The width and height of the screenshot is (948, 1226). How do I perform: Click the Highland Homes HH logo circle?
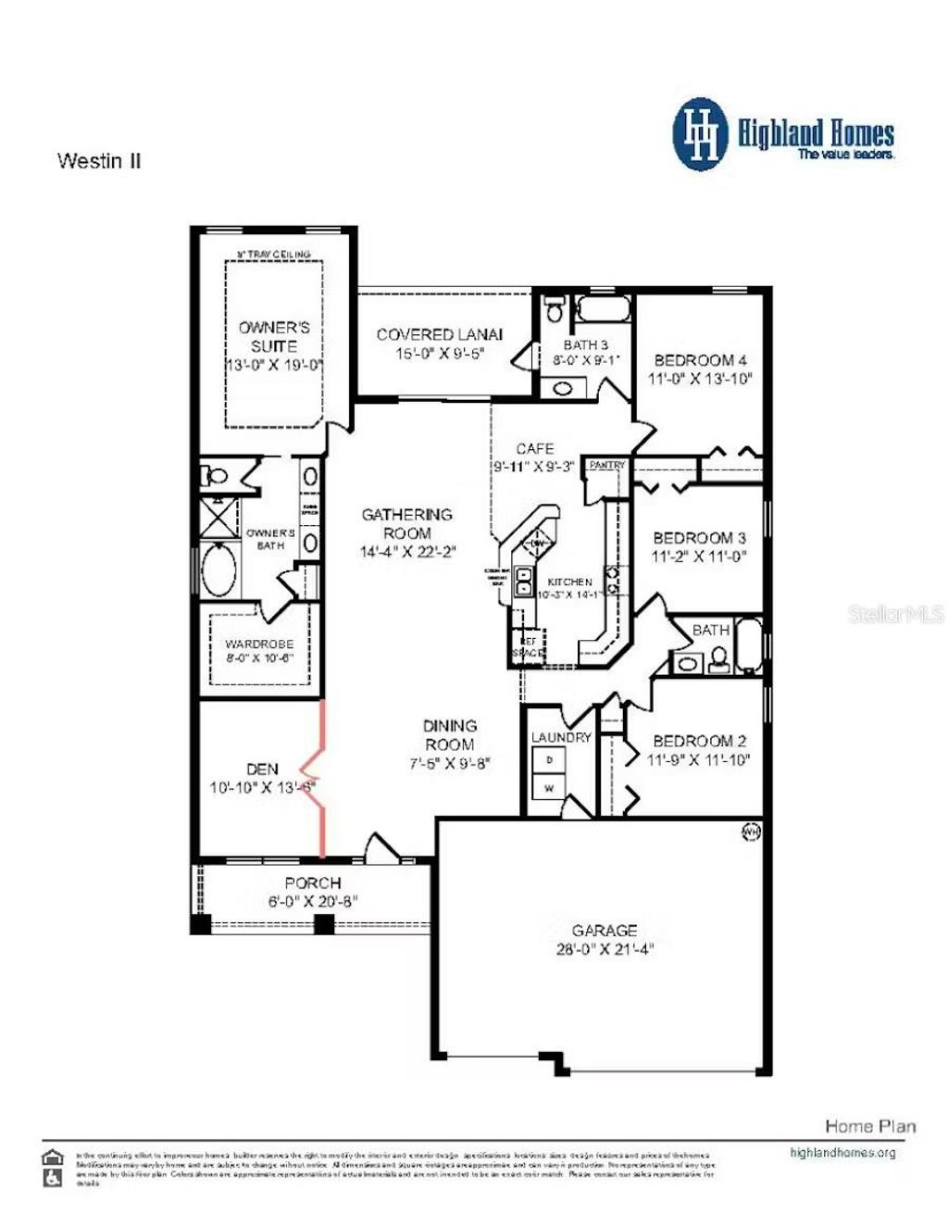coord(702,135)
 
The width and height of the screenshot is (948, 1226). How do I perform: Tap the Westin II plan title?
coord(99,161)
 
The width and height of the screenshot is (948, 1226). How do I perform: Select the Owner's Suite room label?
coord(274,336)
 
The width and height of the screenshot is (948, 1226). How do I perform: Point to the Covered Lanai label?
coord(440,334)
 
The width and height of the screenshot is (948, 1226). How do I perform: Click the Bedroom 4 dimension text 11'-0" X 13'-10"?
coord(700,379)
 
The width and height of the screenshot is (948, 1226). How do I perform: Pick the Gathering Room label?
coord(407,523)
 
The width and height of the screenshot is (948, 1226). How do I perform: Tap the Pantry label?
coord(607,465)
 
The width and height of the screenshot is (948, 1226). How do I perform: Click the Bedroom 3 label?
coord(699,538)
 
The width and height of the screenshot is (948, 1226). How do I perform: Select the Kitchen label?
coord(569,582)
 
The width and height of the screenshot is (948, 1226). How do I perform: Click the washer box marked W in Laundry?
coord(549,788)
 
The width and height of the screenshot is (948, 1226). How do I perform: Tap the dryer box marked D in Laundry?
coord(549,759)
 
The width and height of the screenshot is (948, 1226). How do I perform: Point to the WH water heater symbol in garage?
coord(751,832)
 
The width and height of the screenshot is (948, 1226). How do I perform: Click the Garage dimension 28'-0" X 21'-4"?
coord(605,949)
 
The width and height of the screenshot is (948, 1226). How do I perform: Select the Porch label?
coord(313,882)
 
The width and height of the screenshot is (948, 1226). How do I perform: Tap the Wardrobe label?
coord(259,644)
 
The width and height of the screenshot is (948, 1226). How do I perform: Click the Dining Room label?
coord(450,735)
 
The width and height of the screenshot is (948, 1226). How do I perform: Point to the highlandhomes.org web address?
coord(842,1153)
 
